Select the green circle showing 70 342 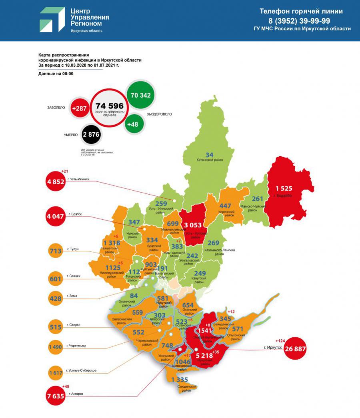tap(141, 95)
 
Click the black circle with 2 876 tap(91, 135)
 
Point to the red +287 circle tap(79, 108)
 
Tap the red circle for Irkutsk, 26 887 tap(295, 348)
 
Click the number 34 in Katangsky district tap(209, 155)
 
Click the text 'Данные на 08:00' tap(56, 74)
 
